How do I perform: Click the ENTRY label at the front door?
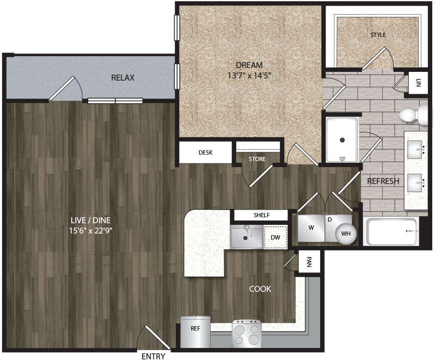[x=153, y=356]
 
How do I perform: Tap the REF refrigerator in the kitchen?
[x=195, y=332]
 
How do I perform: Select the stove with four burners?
[x=247, y=334]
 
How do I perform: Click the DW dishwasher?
[x=275, y=237]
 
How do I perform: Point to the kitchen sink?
[x=246, y=237]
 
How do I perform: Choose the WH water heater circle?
[x=346, y=234]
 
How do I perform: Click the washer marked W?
[x=311, y=228]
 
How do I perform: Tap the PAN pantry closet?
[x=309, y=262]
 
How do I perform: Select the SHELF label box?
[x=261, y=215]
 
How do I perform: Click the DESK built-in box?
[x=205, y=152]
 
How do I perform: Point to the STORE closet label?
[x=257, y=159]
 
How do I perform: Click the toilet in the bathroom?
[x=413, y=115]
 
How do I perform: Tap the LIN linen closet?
[x=418, y=83]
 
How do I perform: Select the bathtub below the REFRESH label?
[x=391, y=231]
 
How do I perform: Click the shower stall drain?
[x=342, y=140]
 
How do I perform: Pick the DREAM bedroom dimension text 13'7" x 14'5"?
[x=249, y=75]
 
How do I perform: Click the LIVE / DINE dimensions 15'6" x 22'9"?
[x=90, y=230]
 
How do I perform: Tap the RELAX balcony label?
[x=122, y=78]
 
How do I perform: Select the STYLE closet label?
[x=378, y=35]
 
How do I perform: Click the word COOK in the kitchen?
[x=260, y=289]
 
